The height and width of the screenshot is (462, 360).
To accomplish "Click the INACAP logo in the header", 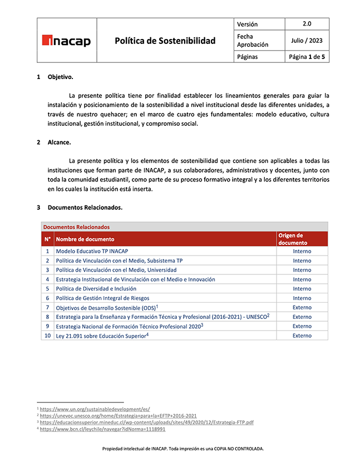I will pyautogui.click(x=66, y=41).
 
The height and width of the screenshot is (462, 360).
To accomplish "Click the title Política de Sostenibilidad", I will pyautogui.click(x=165, y=41).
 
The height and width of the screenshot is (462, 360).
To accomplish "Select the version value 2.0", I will pyautogui.click(x=307, y=24).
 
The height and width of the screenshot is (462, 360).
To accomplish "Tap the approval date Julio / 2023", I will pyautogui.click(x=307, y=41).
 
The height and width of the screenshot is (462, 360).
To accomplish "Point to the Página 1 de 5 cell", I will pyautogui.click(x=307, y=57).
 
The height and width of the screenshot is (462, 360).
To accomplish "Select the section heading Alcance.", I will pyautogui.click(x=59, y=142).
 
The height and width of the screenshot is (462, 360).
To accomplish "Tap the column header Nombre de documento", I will pyautogui.click(x=85, y=239).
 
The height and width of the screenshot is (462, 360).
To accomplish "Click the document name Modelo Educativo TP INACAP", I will pyautogui.click(x=92, y=251).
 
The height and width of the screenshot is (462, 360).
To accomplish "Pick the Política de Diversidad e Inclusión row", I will pyautogui.click(x=96, y=289).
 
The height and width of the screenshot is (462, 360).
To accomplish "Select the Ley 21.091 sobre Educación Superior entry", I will pyautogui.click(x=101, y=336).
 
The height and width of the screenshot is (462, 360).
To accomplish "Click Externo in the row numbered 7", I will pyautogui.click(x=302, y=307).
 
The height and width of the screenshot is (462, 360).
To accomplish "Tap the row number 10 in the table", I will pyautogui.click(x=47, y=336).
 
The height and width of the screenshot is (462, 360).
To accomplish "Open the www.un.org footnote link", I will pyautogui.click(x=95, y=409).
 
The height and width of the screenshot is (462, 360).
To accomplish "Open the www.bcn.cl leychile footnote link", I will pyautogui.click(x=102, y=429).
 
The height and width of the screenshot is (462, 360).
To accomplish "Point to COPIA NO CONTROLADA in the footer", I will pyautogui.click(x=236, y=448).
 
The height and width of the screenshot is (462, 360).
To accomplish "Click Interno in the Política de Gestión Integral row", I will pyautogui.click(x=302, y=298).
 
